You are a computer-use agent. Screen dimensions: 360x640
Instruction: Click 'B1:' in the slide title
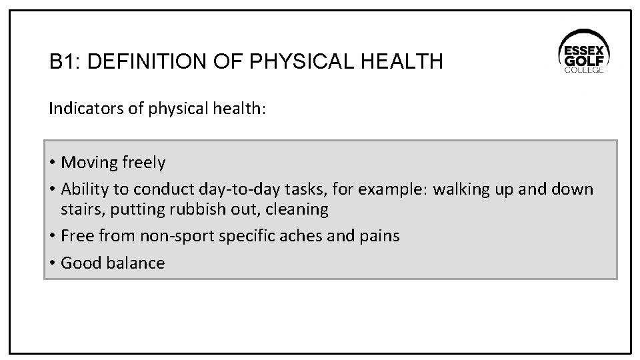point(65,63)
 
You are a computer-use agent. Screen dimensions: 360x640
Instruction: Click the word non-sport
point(171,236)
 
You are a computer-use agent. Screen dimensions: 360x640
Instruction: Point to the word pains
point(379,236)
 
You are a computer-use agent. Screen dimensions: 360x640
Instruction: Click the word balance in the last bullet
point(136,263)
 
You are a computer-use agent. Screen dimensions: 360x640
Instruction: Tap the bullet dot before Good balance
point(52,263)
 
